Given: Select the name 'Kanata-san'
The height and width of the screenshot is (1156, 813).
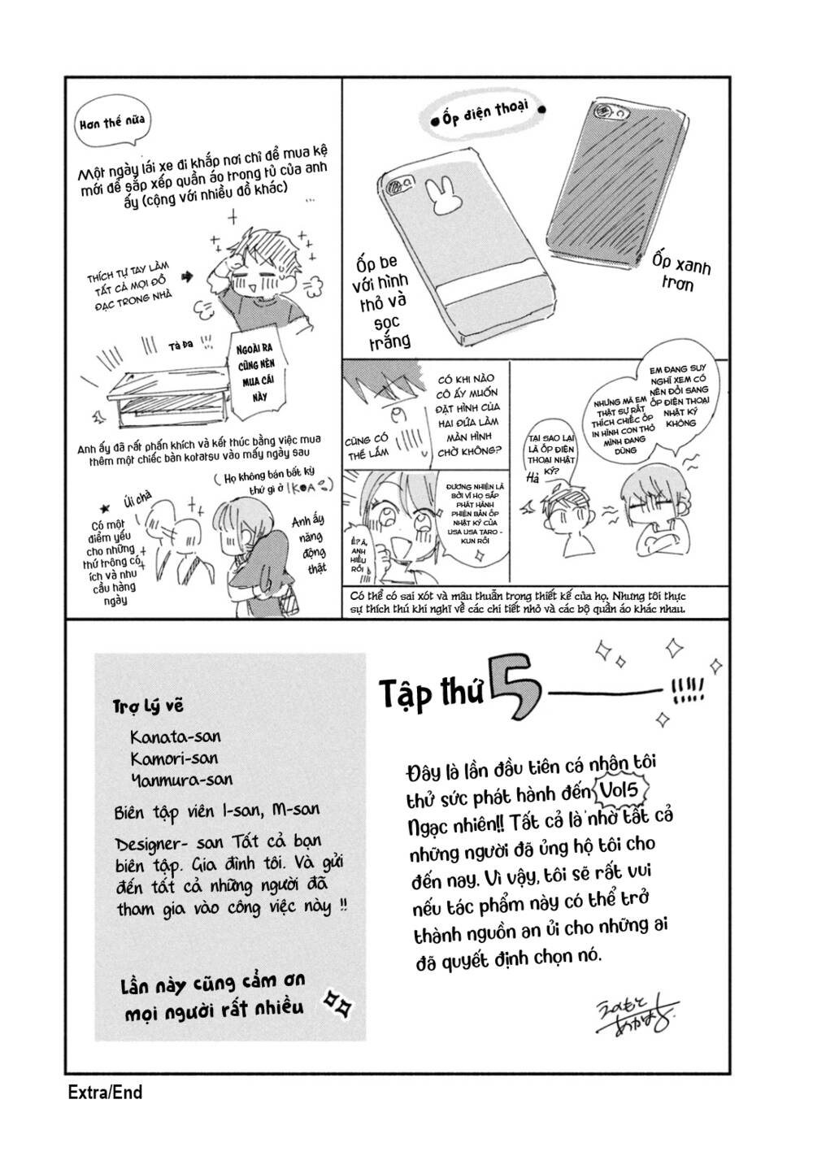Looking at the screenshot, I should pyautogui.click(x=175, y=737).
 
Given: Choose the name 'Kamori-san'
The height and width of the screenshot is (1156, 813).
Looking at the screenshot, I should pyautogui.click(x=174, y=758).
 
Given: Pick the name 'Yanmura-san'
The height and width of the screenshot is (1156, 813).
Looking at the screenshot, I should pyautogui.click(x=180, y=779).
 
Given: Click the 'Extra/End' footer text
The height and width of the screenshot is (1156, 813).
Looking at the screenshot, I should pyautogui.click(x=105, y=1092).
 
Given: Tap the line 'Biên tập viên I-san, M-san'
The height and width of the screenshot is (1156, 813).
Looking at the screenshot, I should pyautogui.click(x=216, y=811).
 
